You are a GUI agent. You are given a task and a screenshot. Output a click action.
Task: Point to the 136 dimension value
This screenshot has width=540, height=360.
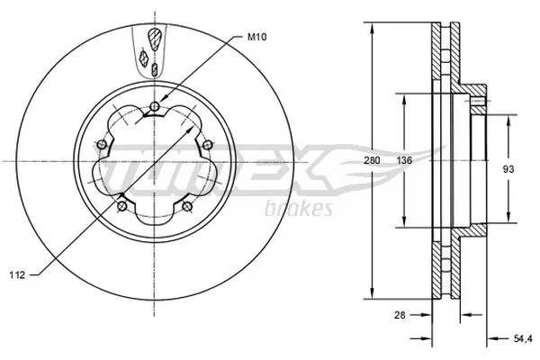tap(404, 160)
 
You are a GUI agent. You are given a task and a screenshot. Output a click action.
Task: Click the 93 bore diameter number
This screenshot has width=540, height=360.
tap(508, 167)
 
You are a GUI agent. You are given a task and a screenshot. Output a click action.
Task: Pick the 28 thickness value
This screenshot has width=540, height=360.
tap(400, 315)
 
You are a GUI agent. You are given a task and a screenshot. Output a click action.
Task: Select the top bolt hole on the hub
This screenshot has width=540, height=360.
tap(155, 108)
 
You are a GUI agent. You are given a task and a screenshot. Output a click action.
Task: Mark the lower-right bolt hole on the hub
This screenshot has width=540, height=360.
tap(187, 209)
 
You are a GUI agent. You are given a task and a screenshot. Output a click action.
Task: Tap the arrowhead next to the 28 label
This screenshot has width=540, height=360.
tap(428, 315)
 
